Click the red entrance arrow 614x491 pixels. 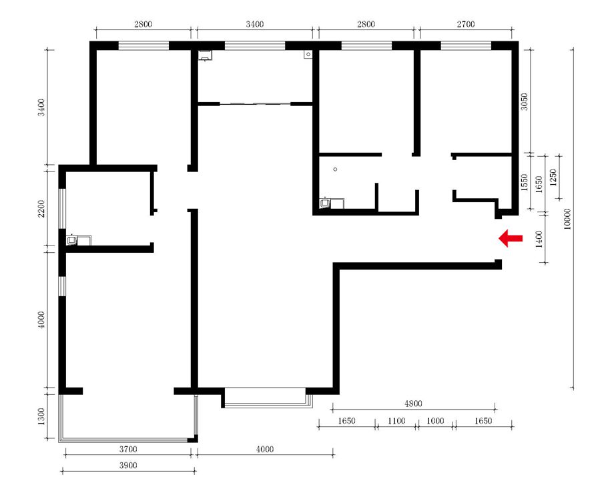click(511, 238)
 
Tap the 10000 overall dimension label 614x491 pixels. click(567, 219)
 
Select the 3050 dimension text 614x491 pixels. click(525, 101)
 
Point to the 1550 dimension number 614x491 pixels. click(525, 182)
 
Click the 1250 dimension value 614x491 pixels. click(553, 177)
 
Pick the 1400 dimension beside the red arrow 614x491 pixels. click(539, 239)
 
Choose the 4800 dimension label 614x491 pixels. click(413, 404)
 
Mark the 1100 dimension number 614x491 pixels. click(396, 421)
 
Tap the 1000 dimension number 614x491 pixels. click(435, 421)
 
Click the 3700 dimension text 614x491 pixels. click(128, 449)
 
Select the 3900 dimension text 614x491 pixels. click(128, 466)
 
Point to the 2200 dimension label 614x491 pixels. click(41, 208)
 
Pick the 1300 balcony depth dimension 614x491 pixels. click(41, 416)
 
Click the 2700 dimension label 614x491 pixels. click(466, 24)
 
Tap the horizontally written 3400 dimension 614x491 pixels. click(254, 24)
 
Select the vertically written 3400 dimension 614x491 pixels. click(41, 107)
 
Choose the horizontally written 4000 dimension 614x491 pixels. click(265, 449)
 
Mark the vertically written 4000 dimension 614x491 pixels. click(41, 320)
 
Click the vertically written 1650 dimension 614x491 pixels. click(539, 184)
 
